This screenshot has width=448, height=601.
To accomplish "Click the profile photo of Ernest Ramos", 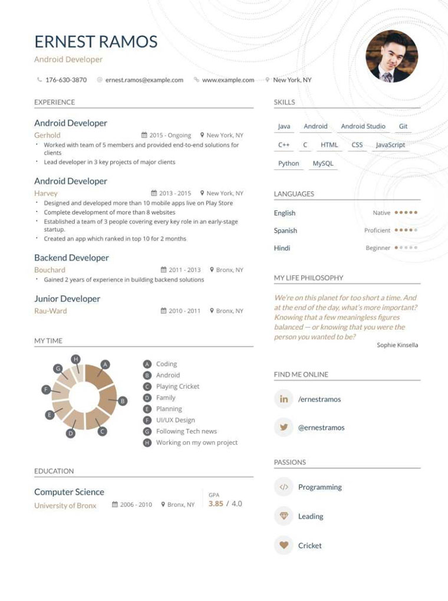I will (391, 56).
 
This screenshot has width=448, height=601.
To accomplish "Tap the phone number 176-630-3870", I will (66, 80).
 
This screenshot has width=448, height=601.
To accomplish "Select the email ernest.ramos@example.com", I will (144, 80).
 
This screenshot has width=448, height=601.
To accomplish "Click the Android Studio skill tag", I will (363, 126).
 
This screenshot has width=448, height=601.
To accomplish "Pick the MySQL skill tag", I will (323, 163).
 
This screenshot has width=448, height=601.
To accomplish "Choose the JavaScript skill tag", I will (390, 144).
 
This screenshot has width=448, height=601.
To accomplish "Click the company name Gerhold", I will (47, 135).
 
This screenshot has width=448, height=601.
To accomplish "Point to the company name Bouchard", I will (50, 270).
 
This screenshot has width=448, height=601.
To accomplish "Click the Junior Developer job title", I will (67, 298).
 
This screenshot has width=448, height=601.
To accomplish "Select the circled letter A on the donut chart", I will (106, 364).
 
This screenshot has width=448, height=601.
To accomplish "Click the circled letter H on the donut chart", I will (75, 359).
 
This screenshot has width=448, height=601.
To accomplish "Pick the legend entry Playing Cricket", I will (177, 386).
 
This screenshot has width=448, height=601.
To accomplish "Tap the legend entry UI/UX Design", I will (175, 420).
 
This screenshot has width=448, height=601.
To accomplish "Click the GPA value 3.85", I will (216, 504).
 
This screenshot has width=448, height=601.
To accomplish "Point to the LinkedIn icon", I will (284, 399).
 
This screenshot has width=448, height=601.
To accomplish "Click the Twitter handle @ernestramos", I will (321, 428).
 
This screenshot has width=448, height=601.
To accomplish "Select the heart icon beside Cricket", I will (284, 546).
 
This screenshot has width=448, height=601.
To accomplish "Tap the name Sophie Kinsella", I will (397, 345).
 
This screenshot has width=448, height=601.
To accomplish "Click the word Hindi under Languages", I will (282, 248).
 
